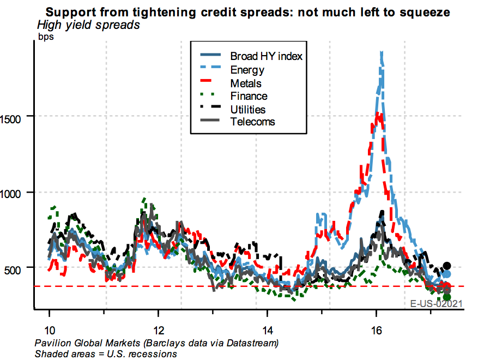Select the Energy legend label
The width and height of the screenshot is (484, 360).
(247, 70)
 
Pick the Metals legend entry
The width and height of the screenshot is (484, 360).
(246, 83)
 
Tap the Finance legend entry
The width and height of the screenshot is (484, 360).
(249, 97)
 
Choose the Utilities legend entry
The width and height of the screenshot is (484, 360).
(248, 110)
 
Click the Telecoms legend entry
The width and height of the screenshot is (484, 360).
(252, 122)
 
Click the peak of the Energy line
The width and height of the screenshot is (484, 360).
(381, 53)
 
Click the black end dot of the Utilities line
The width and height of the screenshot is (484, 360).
(447, 266)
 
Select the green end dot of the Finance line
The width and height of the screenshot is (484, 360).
(447, 297)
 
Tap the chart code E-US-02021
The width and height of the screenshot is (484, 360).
(436, 304)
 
